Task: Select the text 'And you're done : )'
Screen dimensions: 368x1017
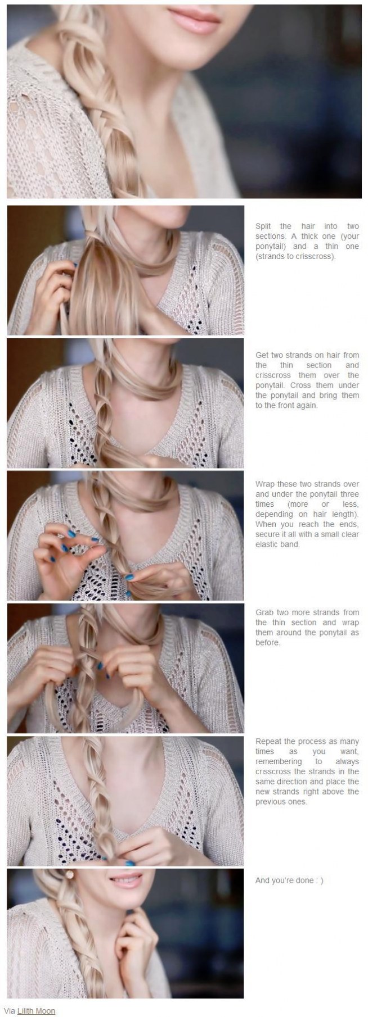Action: tap(289, 880)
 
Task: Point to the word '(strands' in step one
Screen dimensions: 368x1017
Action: tap(269, 257)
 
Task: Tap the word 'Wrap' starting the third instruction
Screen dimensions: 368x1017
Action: tap(264, 484)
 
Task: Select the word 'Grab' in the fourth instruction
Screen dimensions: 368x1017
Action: tap(264, 612)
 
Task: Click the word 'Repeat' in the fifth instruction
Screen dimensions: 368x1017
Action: tap(268, 741)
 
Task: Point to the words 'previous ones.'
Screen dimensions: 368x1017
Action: tap(281, 802)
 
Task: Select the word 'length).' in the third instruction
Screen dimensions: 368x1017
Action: tap(344, 514)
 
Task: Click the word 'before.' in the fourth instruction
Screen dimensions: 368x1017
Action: tap(268, 643)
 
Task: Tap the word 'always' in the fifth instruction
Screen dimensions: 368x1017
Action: tap(347, 761)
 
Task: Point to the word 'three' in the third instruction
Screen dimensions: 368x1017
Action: tap(349, 494)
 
